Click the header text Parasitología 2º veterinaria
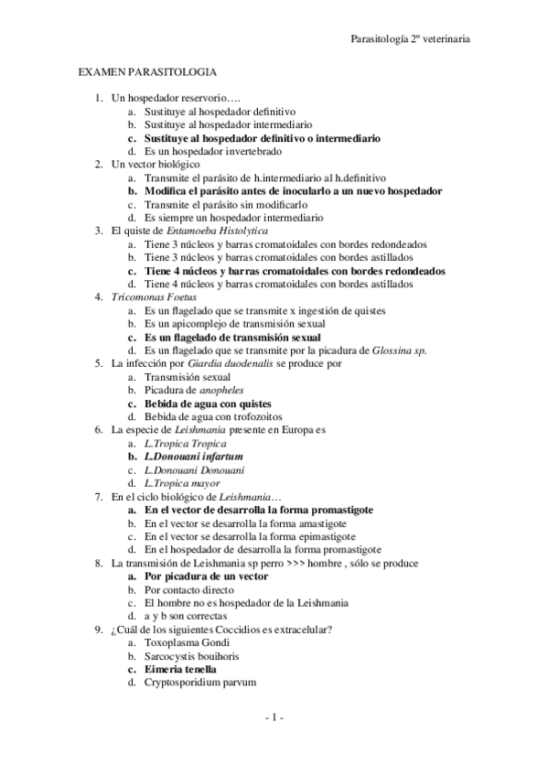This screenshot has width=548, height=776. click(x=411, y=39)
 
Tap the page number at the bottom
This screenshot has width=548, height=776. click(x=274, y=717)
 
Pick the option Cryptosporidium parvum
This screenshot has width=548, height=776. click(x=200, y=683)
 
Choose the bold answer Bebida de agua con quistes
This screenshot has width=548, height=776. click(x=207, y=404)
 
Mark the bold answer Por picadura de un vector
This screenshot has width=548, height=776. click(x=206, y=577)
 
